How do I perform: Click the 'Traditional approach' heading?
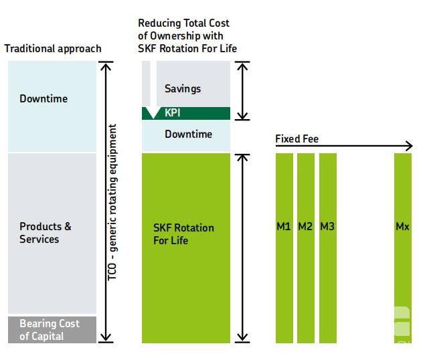53,49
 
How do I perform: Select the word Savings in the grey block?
183,89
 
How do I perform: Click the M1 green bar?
284,248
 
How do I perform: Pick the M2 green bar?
306,248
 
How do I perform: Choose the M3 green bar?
328,248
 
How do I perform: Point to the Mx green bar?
403,248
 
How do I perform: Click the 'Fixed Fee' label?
297,139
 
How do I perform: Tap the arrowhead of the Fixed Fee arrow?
410,146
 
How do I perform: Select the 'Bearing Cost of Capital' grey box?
52,330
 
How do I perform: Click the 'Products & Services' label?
46,233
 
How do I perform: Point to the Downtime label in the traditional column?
44,98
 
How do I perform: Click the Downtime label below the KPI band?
188,134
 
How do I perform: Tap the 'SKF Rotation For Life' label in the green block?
183,234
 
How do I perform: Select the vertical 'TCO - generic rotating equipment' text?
112,202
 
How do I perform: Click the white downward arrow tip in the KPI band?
153,118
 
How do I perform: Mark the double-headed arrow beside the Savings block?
242,91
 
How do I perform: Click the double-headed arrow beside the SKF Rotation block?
242,248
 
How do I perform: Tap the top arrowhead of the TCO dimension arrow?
106,66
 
